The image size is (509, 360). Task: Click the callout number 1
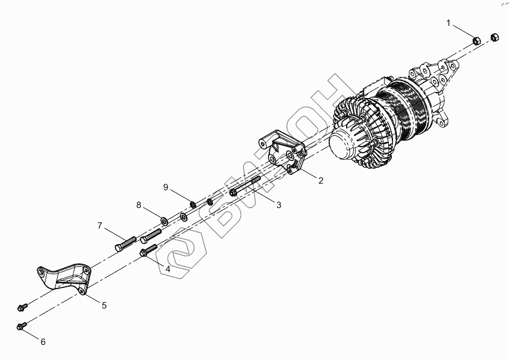[448, 23]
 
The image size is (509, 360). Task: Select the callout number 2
[321, 180]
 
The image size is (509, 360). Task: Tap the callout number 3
[279, 205]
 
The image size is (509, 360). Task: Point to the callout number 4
[168, 269]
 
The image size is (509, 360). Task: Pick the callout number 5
[104, 305]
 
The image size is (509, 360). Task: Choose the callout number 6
[43, 342]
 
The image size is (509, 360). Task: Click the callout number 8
[139, 205]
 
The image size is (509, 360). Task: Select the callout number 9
[165, 187]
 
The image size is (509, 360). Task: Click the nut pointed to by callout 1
[475, 41]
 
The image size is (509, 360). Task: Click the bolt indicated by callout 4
[148, 249]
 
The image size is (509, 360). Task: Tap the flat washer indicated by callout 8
[164, 218]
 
